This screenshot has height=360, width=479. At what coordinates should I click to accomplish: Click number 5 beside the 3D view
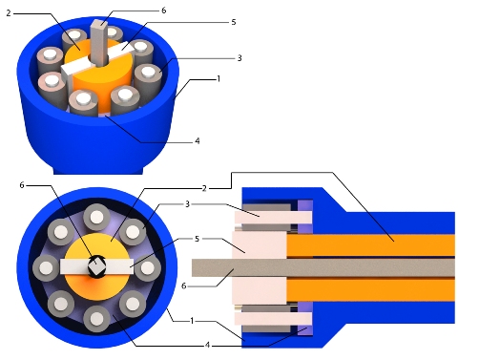click(x=234, y=22)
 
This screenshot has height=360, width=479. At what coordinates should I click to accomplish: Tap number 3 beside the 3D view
click(x=239, y=58)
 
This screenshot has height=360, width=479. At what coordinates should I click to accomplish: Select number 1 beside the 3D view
click(x=219, y=78)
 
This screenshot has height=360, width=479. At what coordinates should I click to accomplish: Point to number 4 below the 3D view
click(x=198, y=140)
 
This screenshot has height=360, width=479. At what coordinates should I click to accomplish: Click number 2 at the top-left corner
click(x=9, y=13)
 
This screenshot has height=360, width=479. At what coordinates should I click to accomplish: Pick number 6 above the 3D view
click(x=163, y=11)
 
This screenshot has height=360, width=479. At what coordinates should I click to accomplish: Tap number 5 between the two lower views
click(x=197, y=239)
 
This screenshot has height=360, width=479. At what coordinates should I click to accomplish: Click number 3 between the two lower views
click(x=187, y=204)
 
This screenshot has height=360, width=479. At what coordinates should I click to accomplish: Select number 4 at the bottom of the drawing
click(x=207, y=345)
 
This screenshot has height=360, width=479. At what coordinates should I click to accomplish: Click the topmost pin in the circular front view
click(x=96, y=218)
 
